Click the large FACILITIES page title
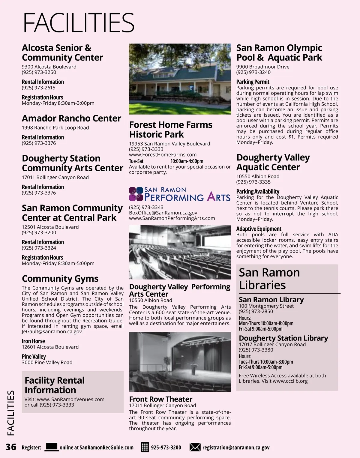coord(79,23)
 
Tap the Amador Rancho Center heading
coord(71,118)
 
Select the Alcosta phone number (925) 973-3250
coord(39,72)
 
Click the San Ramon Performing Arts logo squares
coord(136,194)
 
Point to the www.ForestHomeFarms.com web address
coord(163,155)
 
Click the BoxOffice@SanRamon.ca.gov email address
coord(163,213)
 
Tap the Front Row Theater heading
coord(160,399)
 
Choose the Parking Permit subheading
coord(253,82)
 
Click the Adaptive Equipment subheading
coord(259,229)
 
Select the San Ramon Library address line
coord(266,306)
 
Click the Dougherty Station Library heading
coord(283,338)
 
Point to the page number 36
coord(11,447)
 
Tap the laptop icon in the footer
coord(52,447)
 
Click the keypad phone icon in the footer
coord(145,447)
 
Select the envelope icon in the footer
coord(195,447)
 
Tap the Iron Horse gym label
coord(33,341)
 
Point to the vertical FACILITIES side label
coord(11,413)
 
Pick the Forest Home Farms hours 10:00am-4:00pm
coord(187,161)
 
